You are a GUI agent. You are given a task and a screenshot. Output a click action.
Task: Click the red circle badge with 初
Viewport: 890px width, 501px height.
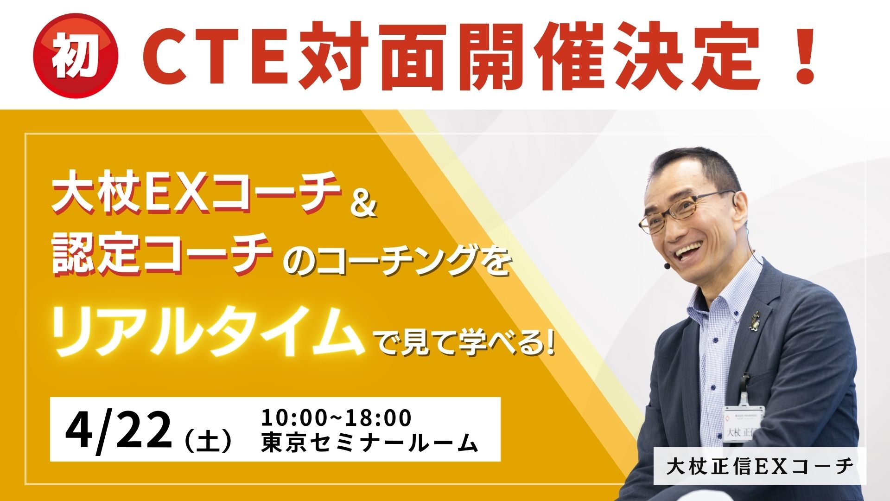point(77,57)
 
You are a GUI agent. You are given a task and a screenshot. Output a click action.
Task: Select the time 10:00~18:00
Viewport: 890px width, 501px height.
point(337,417)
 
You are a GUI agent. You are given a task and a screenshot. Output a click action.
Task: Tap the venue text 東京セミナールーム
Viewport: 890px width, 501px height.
point(369,443)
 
